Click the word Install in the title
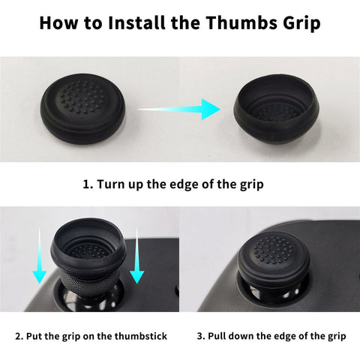click(x=136, y=22)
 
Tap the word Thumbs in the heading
click(x=242, y=22)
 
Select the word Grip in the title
click(x=301, y=23)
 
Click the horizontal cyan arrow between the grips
click(x=179, y=109)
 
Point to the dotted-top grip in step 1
click(x=82, y=109)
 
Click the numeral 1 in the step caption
click(x=85, y=184)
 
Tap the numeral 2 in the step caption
click(x=18, y=336)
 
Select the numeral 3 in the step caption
click(x=200, y=336)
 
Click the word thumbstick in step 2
click(x=141, y=336)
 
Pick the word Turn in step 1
click(x=110, y=184)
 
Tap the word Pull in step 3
click(x=217, y=336)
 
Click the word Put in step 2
click(x=34, y=336)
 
